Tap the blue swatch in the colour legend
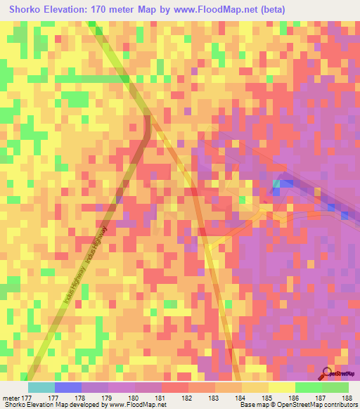[x=67, y=387]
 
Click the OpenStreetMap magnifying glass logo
[x=328, y=372]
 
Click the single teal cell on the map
[x=276, y=184]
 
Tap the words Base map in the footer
[x=252, y=404]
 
